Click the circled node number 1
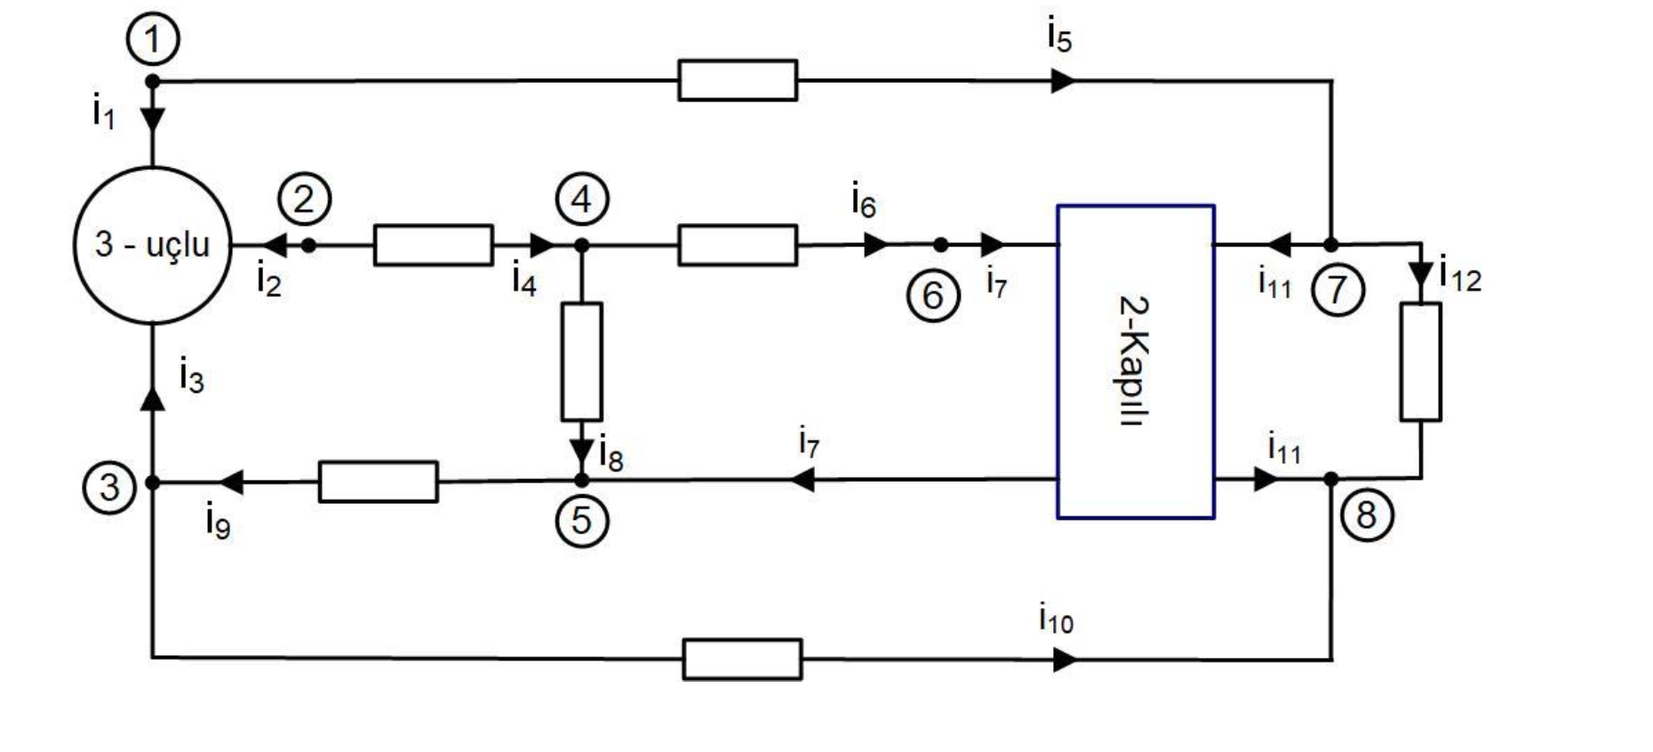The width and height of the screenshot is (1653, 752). point(152,40)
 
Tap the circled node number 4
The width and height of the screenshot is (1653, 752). point(582,199)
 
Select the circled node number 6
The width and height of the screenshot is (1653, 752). point(933,295)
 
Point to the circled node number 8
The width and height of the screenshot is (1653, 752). point(1366,515)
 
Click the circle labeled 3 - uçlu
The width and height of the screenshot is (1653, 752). point(153,244)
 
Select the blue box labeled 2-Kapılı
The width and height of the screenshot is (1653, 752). point(1135,361)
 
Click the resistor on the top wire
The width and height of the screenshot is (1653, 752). point(737,80)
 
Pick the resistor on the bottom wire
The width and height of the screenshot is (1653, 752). point(742,659)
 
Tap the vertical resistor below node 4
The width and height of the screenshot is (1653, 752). point(581,361)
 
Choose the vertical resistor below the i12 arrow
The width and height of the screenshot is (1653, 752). point(1420,361)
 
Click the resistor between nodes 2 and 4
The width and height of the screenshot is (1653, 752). point(433,244)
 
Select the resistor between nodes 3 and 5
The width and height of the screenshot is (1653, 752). point(378,481)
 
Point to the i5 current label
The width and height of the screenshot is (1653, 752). point(1059,36)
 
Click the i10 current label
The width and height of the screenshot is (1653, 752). point(1055,618)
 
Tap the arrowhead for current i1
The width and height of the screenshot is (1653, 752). point(153,119)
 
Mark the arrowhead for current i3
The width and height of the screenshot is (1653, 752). point(153,398)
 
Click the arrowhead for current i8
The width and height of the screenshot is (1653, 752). point(581,452)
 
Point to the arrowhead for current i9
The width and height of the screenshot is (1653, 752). point(232,482)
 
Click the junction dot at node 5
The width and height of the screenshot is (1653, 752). point(581,480)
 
